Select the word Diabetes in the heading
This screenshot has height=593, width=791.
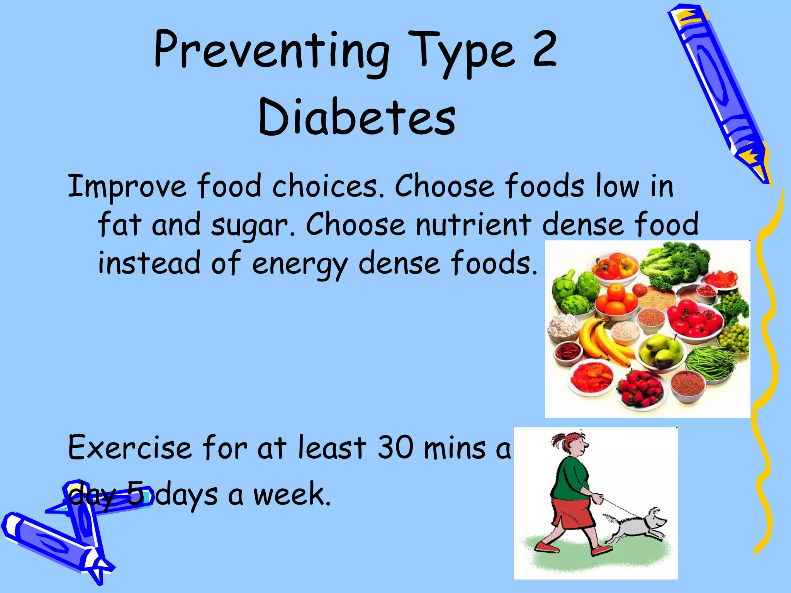point(357,117)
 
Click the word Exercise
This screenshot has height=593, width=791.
point(129,448)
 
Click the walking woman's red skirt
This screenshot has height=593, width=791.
point(572,513)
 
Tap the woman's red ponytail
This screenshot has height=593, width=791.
point(558,440)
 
